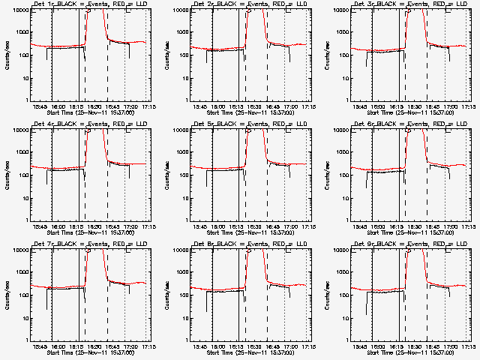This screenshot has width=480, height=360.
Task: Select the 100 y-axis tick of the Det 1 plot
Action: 22,55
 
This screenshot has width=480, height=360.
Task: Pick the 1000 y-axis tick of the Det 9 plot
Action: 343,272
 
